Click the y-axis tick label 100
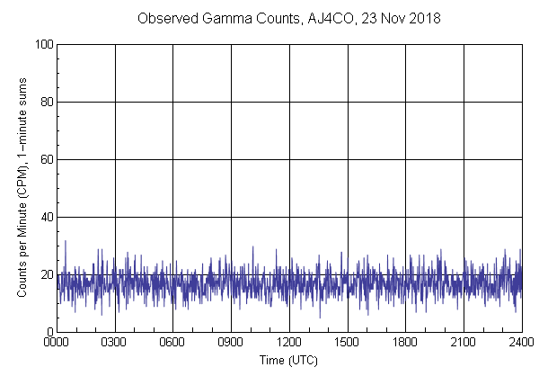[x=41, y=44]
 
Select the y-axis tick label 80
[x=44, y=102]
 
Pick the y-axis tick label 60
[x=44, y=159]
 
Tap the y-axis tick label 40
[x=44, y=217]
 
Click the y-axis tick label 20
[x=44, y=274]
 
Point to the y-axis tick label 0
[x=48, y=332]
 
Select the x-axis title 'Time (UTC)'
[x=288, y=360]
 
